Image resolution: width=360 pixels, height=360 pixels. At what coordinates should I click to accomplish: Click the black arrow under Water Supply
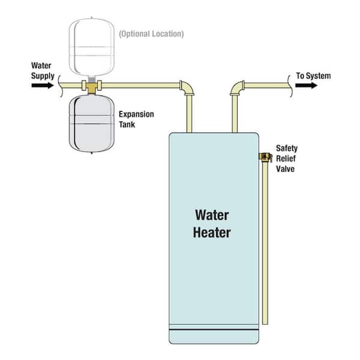click(x=42, y=86)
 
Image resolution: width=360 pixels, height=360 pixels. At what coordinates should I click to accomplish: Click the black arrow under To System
click(x=307, y=86)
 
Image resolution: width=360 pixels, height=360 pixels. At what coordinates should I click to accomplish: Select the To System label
click(x=313, y=76)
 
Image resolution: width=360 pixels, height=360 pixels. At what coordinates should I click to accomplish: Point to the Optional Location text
click(x=151, y=34)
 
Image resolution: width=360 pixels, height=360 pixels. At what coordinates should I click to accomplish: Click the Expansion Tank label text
click(x=136, y=119)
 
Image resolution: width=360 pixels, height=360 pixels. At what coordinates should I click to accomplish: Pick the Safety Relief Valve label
click(x=287, y=158)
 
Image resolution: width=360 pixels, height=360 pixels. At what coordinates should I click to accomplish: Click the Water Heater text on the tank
click(x=212, y=223)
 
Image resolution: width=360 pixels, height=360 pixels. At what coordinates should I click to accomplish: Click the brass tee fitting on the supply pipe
click(x=92, y=87)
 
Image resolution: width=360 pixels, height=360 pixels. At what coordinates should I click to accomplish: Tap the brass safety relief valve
click(x=263, y=157)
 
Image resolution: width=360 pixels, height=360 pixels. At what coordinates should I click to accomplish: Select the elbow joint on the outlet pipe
click(x=236, y=88)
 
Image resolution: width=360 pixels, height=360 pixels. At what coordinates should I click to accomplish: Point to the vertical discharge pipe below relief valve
click(x=265, y=240)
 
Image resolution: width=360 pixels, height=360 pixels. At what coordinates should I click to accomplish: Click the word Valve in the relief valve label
click(x=286, y=169)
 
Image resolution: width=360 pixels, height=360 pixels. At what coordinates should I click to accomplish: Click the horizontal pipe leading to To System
click(x=267, y=85)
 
